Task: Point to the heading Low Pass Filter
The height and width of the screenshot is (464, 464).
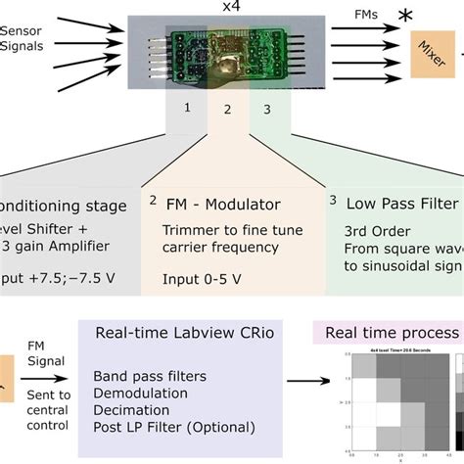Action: tap(401, 204)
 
